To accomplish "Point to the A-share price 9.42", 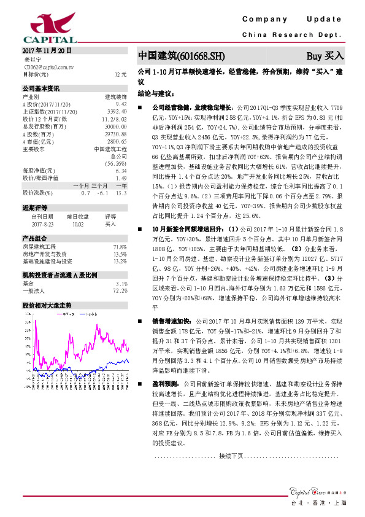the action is [x=121, y=105].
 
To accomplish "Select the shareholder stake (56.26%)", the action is [x=116, y=163].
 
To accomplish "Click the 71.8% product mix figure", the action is [x=120, y=246].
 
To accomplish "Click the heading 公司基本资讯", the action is [x=41, y=88].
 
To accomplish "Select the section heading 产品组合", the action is [x=34, y=238].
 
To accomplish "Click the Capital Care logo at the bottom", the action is [x=313, y=490].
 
